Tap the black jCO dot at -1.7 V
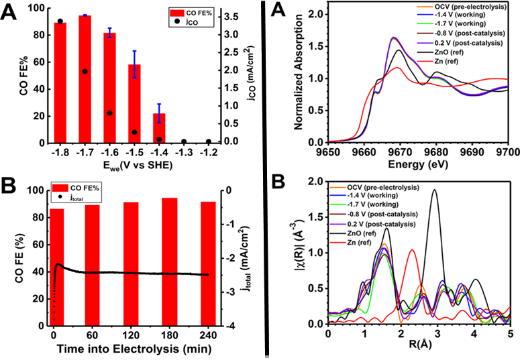coord(85,71)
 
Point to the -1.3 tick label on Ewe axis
coord(184,152)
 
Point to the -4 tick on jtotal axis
coord(229,326)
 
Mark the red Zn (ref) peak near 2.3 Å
coord(412,251)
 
